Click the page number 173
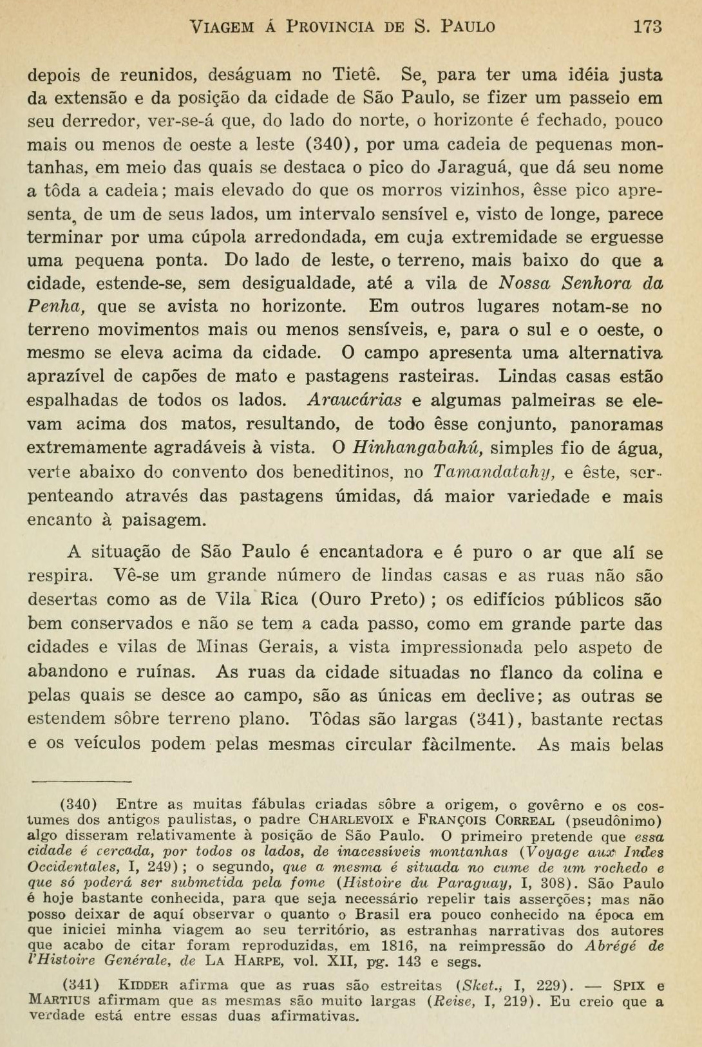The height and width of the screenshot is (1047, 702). coord(647,26)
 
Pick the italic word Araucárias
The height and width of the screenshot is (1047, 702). coord(354,401)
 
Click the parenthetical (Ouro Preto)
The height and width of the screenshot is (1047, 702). coord(368,599)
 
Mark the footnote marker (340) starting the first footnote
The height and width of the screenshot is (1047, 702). coord(78,804)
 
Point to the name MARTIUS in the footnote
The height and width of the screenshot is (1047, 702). coord(57,1001)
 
